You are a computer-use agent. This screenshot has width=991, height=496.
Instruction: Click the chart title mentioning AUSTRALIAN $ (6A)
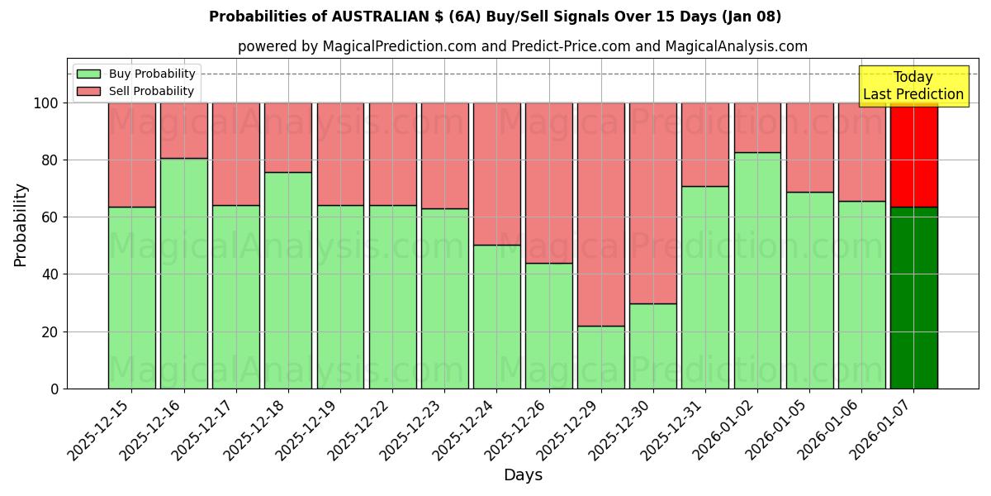click(x=495, y=17)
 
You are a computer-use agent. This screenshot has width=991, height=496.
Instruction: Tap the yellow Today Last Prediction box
click(x=913, y=86)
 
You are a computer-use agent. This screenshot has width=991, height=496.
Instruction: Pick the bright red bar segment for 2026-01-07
click(x=913, y=154)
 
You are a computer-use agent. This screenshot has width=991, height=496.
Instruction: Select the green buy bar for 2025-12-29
click(x=601, y=357)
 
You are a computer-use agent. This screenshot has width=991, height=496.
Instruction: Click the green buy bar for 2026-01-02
click(x=757, y=270)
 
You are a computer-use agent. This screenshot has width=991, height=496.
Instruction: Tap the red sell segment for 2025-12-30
click(x=653, y=203)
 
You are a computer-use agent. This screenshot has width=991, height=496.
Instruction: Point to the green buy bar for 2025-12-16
click(x=183, y=273)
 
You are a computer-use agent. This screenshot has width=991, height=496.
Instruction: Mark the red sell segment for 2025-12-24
click(x=496, y=174)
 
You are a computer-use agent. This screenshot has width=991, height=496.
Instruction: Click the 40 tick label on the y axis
click(x=51, y=274)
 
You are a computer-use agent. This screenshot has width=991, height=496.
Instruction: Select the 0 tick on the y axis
click(x=55, y=389)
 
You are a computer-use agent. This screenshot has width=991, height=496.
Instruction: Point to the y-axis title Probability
click(x=21, y=225)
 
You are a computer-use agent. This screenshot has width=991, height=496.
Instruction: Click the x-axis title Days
click(x=523, y=475)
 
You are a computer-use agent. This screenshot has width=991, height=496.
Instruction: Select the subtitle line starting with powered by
click(x=522, y=46)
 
